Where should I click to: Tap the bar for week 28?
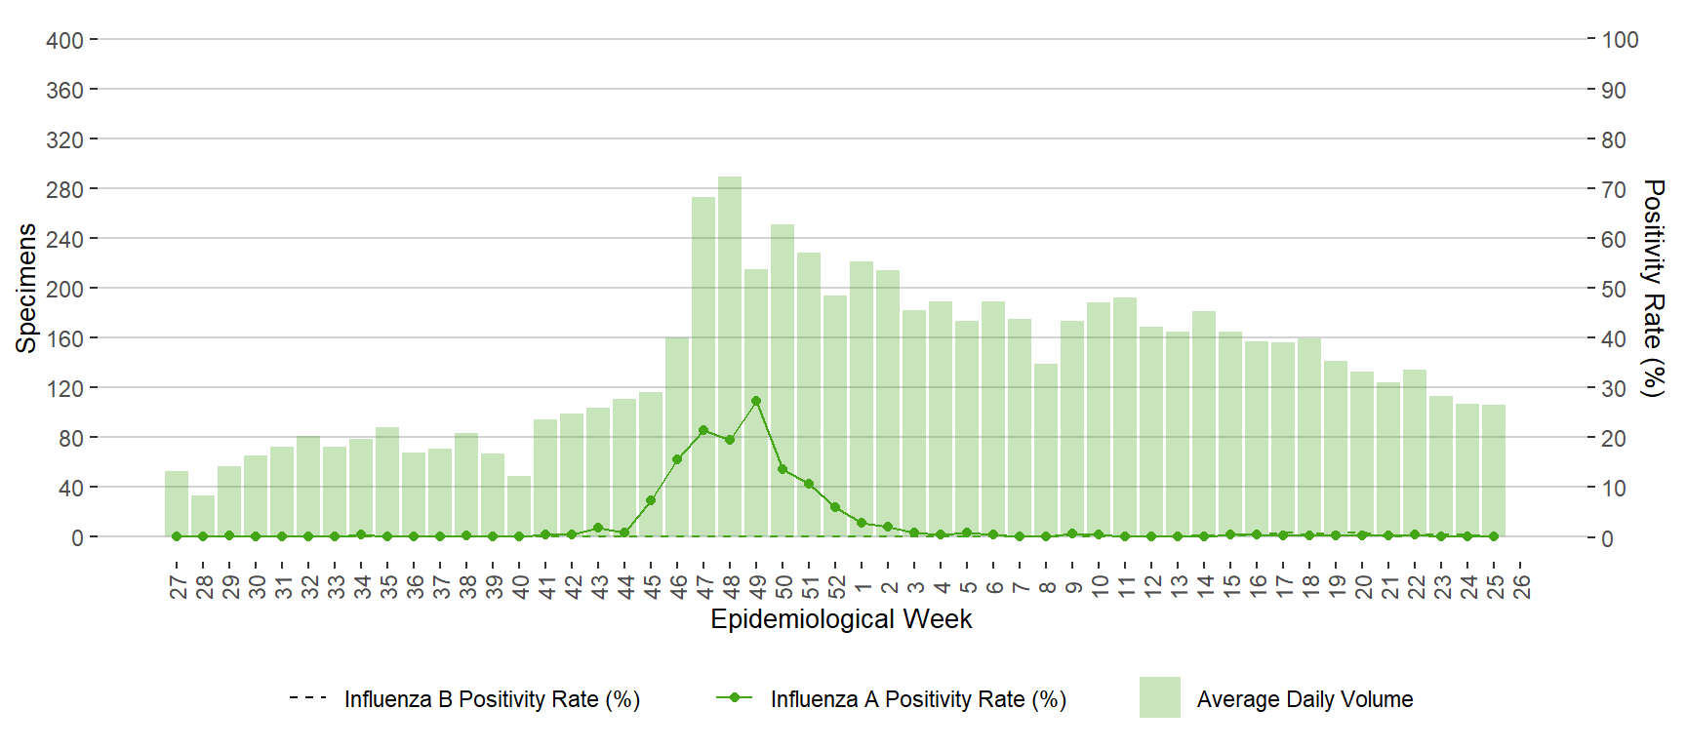pyautogui.click(x=203, y=516)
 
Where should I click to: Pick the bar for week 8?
pyautogui.click(x=1046, y=450)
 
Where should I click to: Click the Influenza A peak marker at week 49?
pyautogui.click(x=756, y=401)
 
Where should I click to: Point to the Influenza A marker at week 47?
pyautogui.click(x=703, y=430)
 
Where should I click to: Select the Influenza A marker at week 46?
pyautogui.click(x=677, y=459)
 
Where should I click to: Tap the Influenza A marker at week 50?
pyautogui.click(x=783, y=469)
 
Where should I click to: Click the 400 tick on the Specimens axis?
pyautogui.click(x=64, y=40)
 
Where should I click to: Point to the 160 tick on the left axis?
pyautogui.click(x=64, y=338)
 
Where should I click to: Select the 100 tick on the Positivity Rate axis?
pyautogui.click(x=1620, y=40)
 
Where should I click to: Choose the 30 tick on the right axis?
pyautogui.click(x=1614, y=388)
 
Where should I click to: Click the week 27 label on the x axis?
pyautogui.click(x=178, y=586)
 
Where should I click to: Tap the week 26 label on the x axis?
pyautogui.click(x=1521, y=586)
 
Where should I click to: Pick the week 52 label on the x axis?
pyautogui.click(x=836, y=586)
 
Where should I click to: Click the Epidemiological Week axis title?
pyautogui.click(x=841, y=619)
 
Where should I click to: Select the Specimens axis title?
pyautogui.click(x=26, y=288)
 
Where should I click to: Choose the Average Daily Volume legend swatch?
pyautogui.click(x=1159, y=697)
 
